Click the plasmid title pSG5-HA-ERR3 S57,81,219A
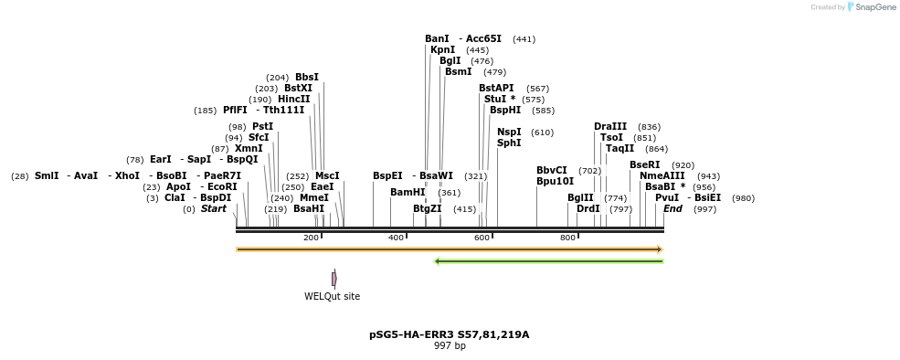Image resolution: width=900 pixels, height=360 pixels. pos(449,334)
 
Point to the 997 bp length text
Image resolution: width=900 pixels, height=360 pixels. pos(449,346)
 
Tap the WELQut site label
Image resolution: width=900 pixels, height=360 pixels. pos(332,296)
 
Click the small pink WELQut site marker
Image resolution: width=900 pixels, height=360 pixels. pos(334,279)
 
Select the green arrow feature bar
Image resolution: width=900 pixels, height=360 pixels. pos(548,261)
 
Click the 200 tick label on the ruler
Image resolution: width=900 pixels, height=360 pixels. pos(311,238)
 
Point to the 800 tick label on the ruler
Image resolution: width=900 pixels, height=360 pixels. pos(567,238)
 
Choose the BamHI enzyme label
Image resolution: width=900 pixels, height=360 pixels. pos(408,193)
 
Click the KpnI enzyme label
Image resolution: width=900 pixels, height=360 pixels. pos(442,50)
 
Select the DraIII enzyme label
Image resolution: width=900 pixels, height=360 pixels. pos(610,127)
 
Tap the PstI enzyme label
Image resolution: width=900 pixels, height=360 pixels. pos(262,127)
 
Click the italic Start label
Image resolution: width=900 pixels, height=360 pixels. pos(213,209)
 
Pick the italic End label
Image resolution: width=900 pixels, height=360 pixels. pos(672,209)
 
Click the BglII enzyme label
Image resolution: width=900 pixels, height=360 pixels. pos(580,197)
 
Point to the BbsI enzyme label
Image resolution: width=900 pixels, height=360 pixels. pos(307,78)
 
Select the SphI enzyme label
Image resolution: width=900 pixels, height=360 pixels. pos(509,143)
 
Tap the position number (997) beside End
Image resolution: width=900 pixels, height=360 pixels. pos(704,209)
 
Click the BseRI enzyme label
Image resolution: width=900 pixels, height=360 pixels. pos(644,165)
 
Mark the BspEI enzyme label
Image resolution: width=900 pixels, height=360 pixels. pos(387,176)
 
